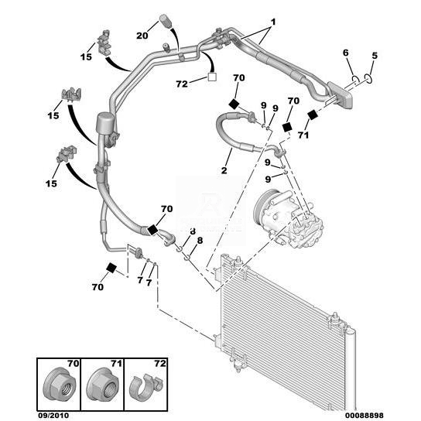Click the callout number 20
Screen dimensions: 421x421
142,36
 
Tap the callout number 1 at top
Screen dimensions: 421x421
272,22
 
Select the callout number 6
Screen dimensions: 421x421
346,53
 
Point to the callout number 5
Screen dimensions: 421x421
375,56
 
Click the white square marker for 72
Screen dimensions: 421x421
212,77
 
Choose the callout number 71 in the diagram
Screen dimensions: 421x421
303,135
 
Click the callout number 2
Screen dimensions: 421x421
224,170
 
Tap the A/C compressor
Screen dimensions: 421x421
288,218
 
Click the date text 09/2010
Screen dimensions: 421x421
53,416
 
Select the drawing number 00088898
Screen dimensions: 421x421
365,416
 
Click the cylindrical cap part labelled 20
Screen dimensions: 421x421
165,21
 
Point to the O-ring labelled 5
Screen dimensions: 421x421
368,79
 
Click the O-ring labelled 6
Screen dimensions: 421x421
356,80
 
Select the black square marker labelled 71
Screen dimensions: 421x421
312,115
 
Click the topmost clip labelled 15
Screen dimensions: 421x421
104,43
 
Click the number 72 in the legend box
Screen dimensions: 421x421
160,364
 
